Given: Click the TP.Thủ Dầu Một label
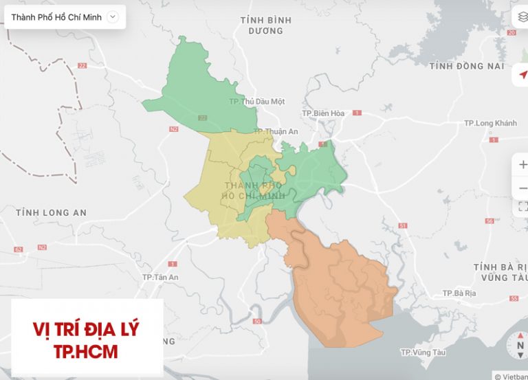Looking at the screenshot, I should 256,102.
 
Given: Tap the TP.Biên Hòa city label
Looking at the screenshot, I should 322,113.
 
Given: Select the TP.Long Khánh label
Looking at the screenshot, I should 489,123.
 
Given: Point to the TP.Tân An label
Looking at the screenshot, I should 160,277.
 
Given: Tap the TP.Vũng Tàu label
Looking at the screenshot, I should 423,353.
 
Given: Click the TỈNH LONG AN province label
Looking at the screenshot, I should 51,213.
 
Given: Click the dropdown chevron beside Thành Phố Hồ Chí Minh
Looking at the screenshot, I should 113,17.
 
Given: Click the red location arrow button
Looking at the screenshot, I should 522,74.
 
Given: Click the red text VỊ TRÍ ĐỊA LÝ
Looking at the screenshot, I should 86,329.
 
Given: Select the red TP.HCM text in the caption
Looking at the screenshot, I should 86,352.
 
